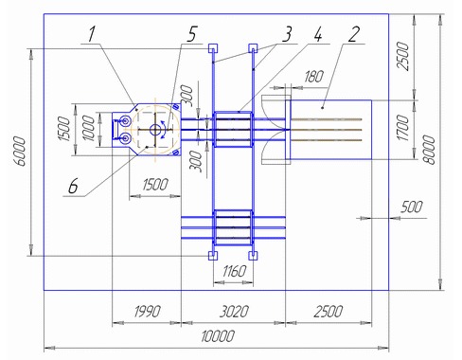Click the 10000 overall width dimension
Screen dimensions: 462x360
[x=218, y=336]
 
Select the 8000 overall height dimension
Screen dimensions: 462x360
[x=429, y=150]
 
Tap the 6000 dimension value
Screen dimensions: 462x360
[x=20, y=152]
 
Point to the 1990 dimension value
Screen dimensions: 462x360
[x=147, y=312]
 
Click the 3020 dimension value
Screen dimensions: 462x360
[x=234, y=312]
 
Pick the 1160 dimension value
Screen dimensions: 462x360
[x=234, y=271]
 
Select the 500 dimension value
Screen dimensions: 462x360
[x=411, y=207]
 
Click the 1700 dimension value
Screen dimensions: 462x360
[x=402, y=128]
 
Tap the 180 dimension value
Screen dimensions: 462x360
[x=313, y=77]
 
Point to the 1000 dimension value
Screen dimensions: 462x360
[x=88, y=128]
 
